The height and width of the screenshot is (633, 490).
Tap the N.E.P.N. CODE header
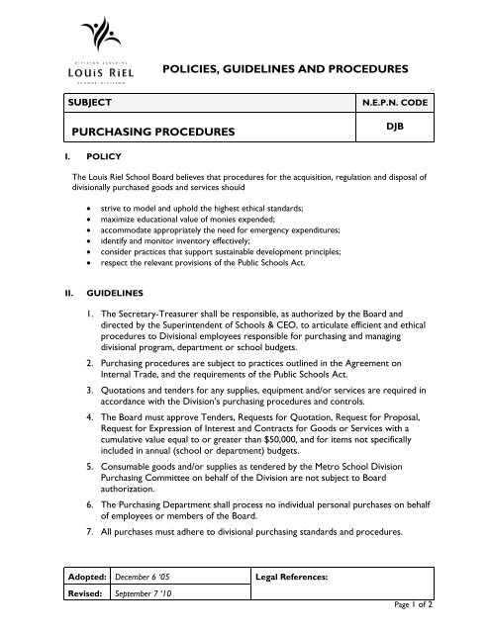(x=425, y=102)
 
